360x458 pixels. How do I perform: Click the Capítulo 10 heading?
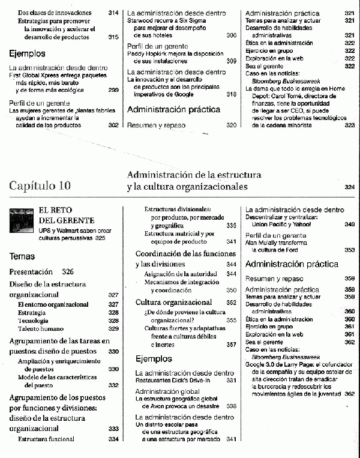[48, 185]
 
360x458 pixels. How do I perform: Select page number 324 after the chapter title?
[350, 187]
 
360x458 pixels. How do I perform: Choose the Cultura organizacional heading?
[173, 302]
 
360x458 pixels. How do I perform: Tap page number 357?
[231, 345]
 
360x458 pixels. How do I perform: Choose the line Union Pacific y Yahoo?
[281, 224]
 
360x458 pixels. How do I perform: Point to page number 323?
[350, 125]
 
